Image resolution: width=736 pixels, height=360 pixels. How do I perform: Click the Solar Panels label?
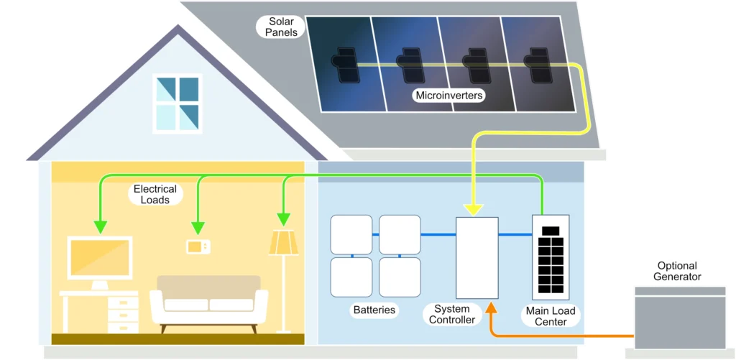tap(281, 27)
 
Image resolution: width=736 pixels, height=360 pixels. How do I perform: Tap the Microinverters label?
tap(449, 95)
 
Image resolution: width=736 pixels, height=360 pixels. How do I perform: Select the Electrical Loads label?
tap(155, 194)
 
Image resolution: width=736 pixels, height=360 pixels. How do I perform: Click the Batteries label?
tap(374, 310)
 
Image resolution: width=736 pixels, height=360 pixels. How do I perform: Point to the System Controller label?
tap(451, 314)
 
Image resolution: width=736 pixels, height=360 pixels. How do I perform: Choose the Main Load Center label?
tap(551, 316)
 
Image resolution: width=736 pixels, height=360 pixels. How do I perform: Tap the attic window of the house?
tap(176, 103)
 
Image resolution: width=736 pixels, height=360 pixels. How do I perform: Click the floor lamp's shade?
tap(283, 242)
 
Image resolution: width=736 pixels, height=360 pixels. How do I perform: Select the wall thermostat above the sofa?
tap(198, 246)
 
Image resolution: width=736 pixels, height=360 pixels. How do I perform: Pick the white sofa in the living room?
tap(208, 302)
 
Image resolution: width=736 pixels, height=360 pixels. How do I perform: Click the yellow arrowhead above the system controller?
tap(473, 208)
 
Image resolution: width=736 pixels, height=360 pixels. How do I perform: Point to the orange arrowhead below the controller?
tap(491, 308)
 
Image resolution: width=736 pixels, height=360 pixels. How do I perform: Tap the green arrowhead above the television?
tap(100, 226)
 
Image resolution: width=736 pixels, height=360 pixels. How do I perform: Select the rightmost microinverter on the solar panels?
tap(536, 65)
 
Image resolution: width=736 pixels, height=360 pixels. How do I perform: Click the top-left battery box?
tap(351, 234)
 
